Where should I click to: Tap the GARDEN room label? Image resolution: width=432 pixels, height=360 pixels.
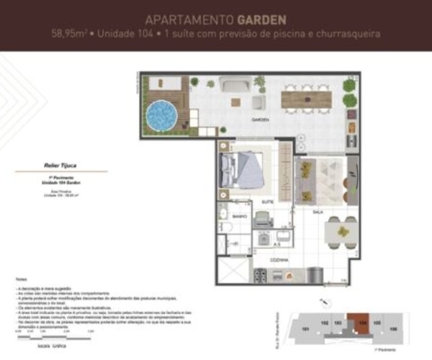pyautogui.click(x=260, y=119)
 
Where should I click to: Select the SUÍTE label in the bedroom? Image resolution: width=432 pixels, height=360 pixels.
pyautogui.click(x=266, y=201)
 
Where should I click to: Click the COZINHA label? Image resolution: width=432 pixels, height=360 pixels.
pyautogui.click(x=280, y=259)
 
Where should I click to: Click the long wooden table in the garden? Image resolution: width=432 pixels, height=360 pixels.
pyautogui.click(x=310, y=99)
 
